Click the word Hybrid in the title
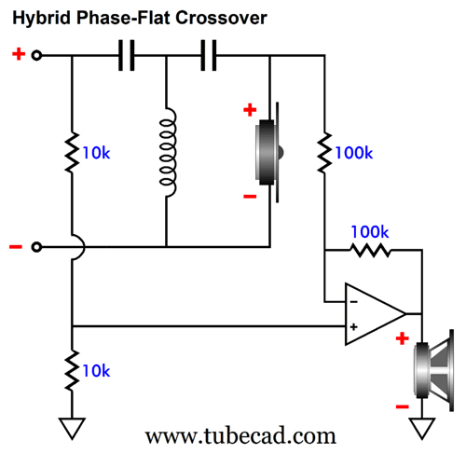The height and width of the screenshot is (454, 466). tap(41, 19)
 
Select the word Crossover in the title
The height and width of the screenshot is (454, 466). tap(221, 18)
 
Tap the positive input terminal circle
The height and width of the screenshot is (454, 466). tap(36, 55)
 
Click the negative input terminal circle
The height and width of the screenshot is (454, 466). tap(36, 247)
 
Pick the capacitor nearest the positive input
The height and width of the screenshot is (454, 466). tap(127, 55)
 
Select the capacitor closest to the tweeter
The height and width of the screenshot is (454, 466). tap(209, 55)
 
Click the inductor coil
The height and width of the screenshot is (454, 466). tap(168, 152)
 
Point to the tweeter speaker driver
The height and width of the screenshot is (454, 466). tap(267, 152)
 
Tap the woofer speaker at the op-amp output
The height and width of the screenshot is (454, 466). tap(434, 370)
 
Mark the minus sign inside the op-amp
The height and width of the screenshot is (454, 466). tap(353, 302)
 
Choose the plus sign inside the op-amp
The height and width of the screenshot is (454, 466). tap(353, 326)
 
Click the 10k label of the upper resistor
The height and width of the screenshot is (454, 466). tap(96, 153)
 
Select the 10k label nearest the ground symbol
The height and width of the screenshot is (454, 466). tap(96, 371)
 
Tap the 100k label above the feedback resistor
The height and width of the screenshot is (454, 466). tap(370, 232)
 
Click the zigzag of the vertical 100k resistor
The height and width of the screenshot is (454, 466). tap(324, 153)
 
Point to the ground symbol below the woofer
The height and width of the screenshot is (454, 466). tap(422, 429)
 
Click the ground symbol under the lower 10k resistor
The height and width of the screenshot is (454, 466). tap(72, 429)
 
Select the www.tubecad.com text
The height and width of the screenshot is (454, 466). tap(240, 435)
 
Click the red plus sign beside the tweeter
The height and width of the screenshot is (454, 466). tap(250, 110)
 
